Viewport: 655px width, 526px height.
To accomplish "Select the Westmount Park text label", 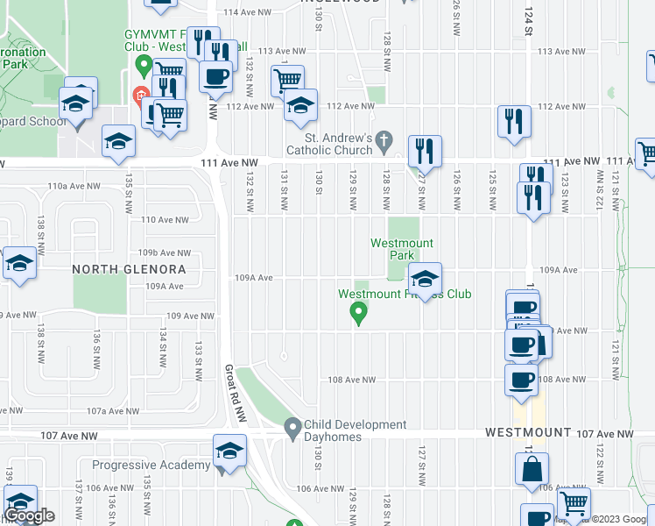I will click(x=402, y=249).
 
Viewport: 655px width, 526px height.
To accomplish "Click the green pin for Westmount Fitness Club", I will click(x=357, y=312).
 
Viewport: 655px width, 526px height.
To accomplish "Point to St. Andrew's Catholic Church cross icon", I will click(x=383, y=139).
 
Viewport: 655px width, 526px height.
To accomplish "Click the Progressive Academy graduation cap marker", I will click(x=229, y=451).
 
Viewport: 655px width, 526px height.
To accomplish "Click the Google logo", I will click(x=29, y=515).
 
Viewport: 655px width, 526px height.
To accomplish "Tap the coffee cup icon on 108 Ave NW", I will click(x=522, y=380).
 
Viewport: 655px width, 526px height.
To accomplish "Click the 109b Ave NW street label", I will click(x=170, y=252).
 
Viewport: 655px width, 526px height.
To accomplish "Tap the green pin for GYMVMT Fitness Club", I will click(x=140, y=65).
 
